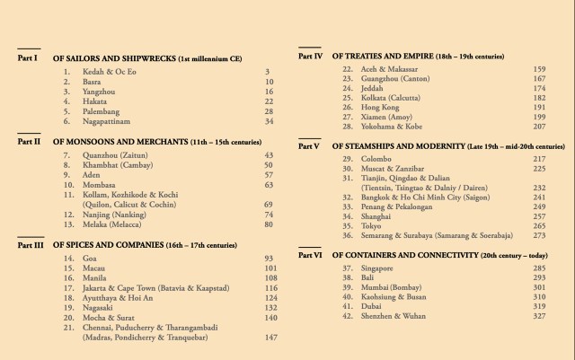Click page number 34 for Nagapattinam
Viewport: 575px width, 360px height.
[269, 121]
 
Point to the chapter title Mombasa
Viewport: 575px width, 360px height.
[102, 185]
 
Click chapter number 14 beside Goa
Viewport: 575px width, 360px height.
[68, 259]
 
